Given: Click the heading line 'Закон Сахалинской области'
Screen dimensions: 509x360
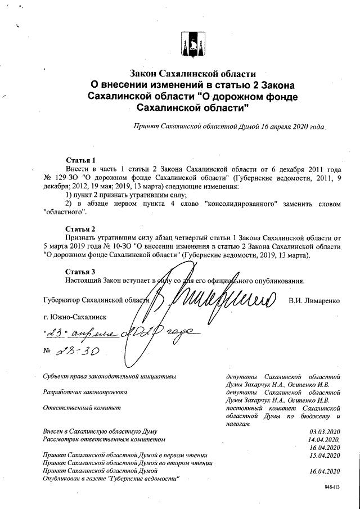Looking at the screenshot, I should tap(186, 74).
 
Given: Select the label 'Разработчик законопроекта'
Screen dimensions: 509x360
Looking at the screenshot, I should tap(85, 391).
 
